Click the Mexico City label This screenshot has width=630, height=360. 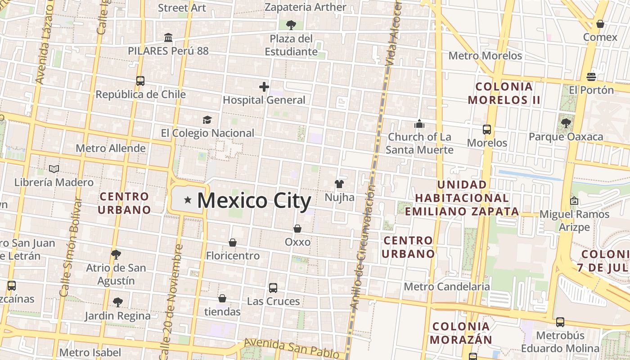click(x=254, y=201)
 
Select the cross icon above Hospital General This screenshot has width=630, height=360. click(x=264, y=86)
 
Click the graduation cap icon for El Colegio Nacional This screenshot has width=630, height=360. click(x=207, y=120)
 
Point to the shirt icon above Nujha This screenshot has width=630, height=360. click(x=339, y=184)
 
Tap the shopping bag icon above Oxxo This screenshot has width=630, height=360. click(x=297, y=229)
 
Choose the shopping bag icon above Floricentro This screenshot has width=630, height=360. click(x=233, y=243)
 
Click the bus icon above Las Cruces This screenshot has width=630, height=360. click(x=273, y=288)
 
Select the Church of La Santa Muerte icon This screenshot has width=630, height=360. click(x=419, y=124)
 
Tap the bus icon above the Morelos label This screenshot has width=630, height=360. click(x=487, y=130)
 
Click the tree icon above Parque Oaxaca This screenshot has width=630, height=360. click(x=566, y=123)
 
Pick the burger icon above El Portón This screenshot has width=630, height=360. click(x=591, y=77)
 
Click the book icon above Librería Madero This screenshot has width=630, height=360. click(x=54, y=169)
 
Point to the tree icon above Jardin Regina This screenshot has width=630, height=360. click(x=117, y=302)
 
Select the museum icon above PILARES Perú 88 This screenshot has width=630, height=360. click(x=168, y=37)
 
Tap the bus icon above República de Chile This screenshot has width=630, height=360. click(x=140, y=81)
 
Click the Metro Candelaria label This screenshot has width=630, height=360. click(x=447, y=287)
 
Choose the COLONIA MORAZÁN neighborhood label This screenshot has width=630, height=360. click(x=461, y=333)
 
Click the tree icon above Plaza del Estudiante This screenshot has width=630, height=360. click(x=291, y=25)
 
